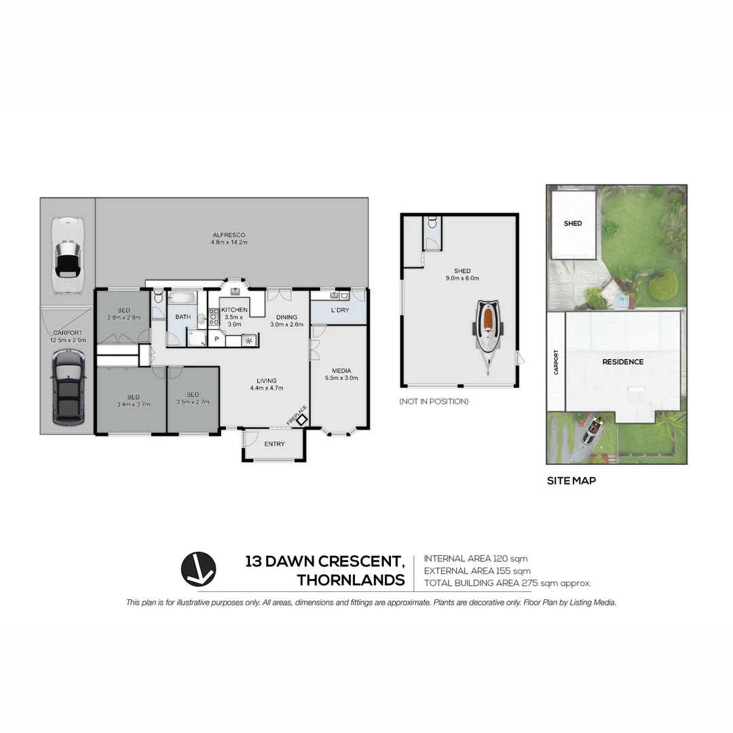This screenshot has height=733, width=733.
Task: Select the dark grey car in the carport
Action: click(x=68, y=388)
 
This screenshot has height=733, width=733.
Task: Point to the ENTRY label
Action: click(x=274, y=444)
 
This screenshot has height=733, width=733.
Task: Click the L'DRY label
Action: click(x=339, y=309)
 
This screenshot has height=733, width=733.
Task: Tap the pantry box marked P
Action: click(x=217, y=339)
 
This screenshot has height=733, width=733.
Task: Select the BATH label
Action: click(x=183, y=317)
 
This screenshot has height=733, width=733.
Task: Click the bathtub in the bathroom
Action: click(x=182, y=298)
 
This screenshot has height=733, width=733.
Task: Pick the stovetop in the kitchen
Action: click(x=213, y=317)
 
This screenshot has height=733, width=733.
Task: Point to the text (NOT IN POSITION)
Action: click(x=434, y=402)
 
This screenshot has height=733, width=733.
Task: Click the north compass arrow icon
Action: click(x=198, y=569)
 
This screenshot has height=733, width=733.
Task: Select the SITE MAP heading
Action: click(x=571, y=481)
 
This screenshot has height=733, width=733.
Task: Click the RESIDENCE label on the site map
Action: click(x=622, y=362)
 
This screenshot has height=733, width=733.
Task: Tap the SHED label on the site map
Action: click(x=573, y=223)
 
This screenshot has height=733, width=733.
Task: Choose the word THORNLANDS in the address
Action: click(x=351, y=580)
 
